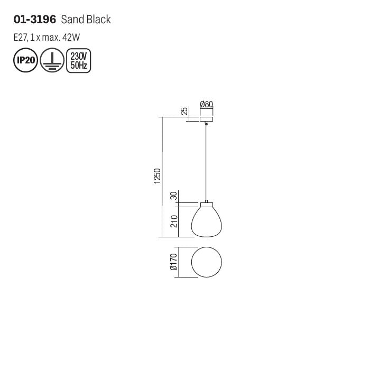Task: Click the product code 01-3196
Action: coord(35,20)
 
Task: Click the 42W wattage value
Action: coord(71,38)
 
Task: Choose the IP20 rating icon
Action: coord(25,60)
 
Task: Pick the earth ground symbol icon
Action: coord(52,60)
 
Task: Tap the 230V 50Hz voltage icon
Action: coord(79,61)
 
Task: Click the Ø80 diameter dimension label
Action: coord(207,104)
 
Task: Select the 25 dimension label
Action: coord(184,110)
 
